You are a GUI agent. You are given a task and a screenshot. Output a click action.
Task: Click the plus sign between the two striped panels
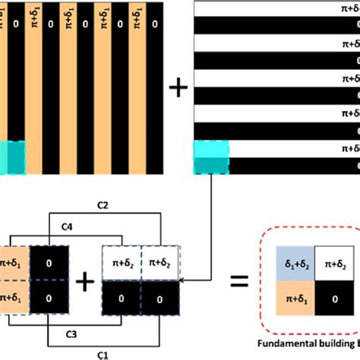point(178,89)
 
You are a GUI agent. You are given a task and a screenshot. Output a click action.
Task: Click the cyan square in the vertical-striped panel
point(12,156)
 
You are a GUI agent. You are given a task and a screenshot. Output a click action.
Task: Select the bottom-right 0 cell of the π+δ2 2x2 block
point(162,299)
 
